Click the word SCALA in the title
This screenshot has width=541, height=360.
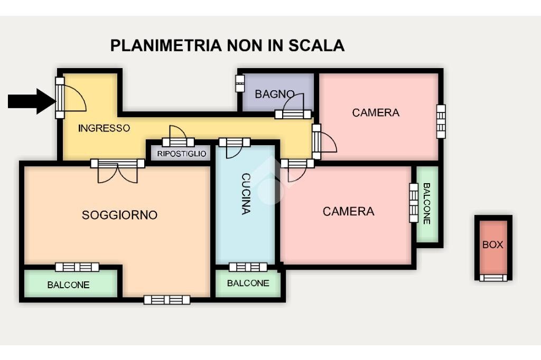[316, 45]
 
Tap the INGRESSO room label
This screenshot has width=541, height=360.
[104, 128]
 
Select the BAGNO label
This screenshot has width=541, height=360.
[274, 94]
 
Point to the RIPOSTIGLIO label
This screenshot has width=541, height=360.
[181, 154]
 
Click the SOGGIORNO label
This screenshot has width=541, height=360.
[119, 215]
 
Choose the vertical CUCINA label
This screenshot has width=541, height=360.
[246, 193]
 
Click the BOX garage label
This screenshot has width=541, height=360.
[492, 245]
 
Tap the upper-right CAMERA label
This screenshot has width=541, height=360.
[376, 112]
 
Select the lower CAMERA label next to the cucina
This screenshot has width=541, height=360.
[348, 212]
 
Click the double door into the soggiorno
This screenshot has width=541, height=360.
[117, 170]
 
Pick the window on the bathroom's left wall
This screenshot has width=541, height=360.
[240, 83]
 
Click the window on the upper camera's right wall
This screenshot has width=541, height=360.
[441, 121]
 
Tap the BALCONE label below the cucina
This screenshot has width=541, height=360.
[248, 283]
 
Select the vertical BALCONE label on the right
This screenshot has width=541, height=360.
[427, 204]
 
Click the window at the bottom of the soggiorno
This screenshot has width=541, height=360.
[167, 300]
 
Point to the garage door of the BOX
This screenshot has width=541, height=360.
[493, 278]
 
